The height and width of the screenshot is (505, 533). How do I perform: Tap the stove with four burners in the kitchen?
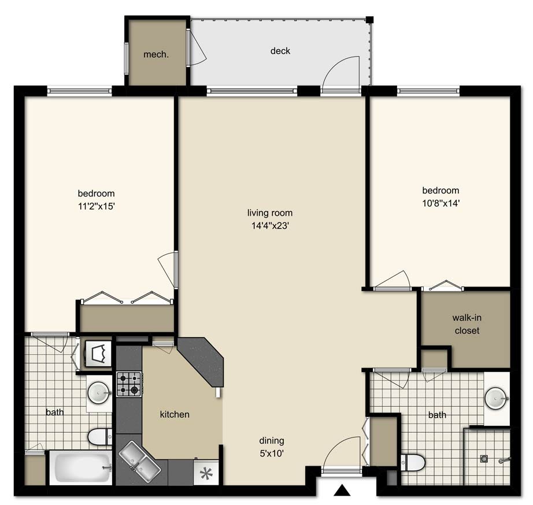129,384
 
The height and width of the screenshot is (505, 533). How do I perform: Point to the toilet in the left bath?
99,436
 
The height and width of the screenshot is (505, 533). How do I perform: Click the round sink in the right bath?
496,398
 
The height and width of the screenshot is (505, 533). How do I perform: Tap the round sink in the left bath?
99,393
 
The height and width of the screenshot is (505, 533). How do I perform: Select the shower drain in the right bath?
486,460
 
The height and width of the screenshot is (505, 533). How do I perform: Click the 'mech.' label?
156,55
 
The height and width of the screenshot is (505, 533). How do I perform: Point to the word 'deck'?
280,51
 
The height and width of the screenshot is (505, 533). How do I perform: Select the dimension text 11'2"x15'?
97,206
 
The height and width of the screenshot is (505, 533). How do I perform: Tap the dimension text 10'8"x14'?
441,203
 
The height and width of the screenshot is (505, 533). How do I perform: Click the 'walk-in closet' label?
466,325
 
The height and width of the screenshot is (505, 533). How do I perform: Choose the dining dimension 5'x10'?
272,454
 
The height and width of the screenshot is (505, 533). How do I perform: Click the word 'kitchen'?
175,414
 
